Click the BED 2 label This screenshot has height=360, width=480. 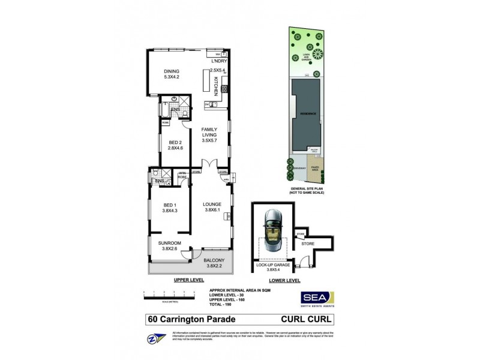click(x=175, y=144)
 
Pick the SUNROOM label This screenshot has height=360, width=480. click(x=170, y=246)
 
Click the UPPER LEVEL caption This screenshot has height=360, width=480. click(x=189, y=280)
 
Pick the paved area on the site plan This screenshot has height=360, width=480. click(x=314, y=172)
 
